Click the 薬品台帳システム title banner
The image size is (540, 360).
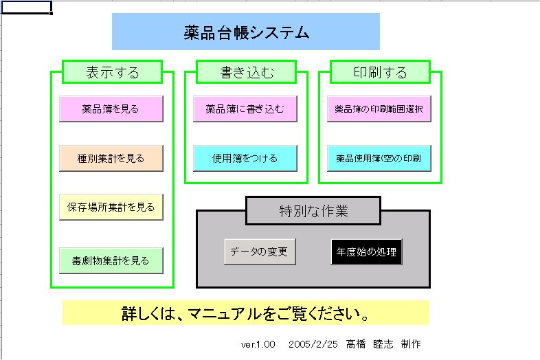[x=246, y=32]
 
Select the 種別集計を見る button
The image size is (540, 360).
[x=111, y=158]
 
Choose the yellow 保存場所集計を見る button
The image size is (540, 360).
[x=111, y=206]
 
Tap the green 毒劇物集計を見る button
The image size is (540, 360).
[x=111, y=260]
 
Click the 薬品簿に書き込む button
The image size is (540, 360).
[x=245, y=109]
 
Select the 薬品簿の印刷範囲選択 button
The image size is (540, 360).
[x=379, y=109]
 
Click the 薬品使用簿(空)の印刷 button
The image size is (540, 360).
[x=379, y=158]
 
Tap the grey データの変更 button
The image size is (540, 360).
[x=260, y=251]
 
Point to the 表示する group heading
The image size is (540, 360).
[x=113, y=71]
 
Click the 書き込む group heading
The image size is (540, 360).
[x=247, y=71]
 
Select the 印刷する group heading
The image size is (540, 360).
[x=380, y=71]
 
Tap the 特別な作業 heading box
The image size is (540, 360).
[x=313, y=210]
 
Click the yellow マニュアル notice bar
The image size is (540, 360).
[x=246, y=313]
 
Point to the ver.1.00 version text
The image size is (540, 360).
[x=258, y=344]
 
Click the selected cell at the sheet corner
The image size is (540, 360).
[x=26, y=7]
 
